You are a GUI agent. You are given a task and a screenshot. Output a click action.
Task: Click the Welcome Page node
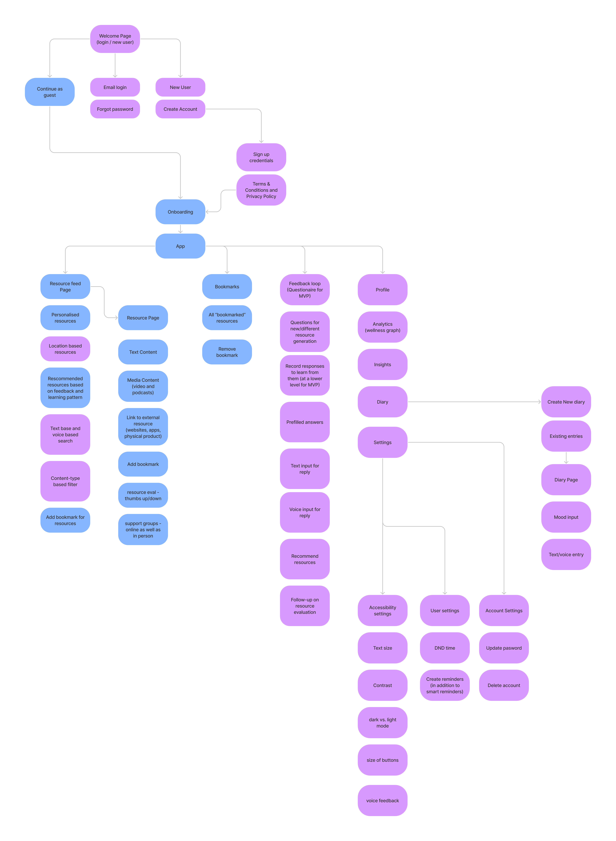tap(115, 39)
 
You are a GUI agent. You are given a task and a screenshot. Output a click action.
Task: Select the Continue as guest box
tap(50, 92)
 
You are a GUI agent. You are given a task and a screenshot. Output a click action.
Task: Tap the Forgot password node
tap(115, 109)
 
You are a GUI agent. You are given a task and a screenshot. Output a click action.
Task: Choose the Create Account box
tap(180, 109)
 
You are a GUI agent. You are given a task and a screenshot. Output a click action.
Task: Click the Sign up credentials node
tap(261, 157)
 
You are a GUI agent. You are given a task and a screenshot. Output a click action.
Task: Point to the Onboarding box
tap(180, 212)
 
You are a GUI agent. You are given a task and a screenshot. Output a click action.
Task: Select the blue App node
tap(180, 246)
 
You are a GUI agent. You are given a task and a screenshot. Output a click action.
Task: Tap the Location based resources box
tap(65, 349)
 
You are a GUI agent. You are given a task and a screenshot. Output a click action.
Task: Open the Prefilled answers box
tap(305, 422)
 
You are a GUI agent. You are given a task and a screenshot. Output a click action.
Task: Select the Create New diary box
tap(566, 402)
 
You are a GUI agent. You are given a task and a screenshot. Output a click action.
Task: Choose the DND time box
tap(444, 648)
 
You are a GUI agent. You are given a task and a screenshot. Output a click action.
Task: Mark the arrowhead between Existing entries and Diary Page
tap(566, 462)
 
